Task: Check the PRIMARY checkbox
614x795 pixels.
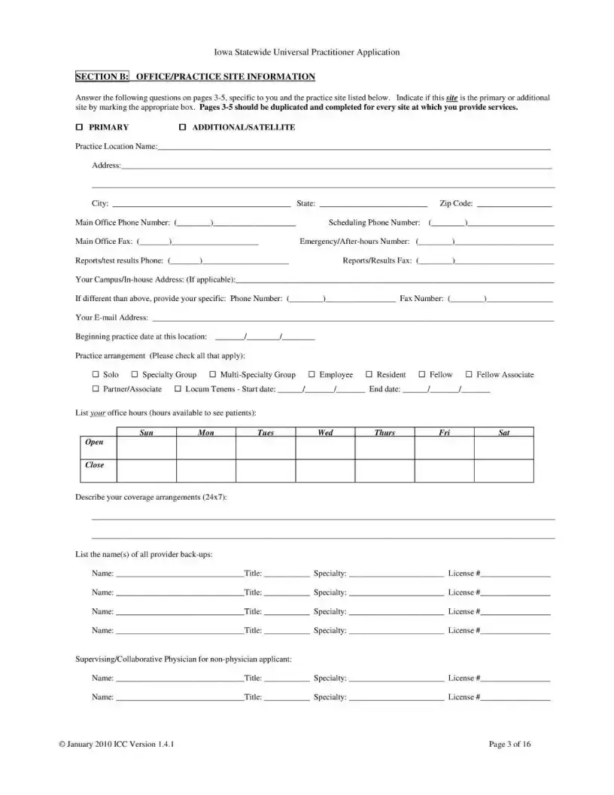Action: (79, 127)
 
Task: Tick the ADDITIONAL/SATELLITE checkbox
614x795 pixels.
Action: (182, 127)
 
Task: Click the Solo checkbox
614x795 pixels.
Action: (96, 374)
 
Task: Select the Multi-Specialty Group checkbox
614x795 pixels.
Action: (213, 374)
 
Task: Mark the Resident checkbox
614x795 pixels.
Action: (369, 374)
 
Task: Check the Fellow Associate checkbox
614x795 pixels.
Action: (469, 374)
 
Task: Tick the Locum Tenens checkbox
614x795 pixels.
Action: (178, 389)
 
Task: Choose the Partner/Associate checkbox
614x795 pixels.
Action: (96, 389)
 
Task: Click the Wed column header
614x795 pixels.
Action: (325, 433)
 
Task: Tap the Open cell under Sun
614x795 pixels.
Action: (147, 448)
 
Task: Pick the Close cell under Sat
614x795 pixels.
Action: (503, 471)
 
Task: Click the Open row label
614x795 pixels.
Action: (95, 443)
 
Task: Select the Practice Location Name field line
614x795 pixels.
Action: (354, 148)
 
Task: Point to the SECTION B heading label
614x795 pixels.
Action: (102, 77)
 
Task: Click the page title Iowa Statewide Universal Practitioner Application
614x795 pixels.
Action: (307, 52)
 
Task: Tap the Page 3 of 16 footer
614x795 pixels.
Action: (509, 745)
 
